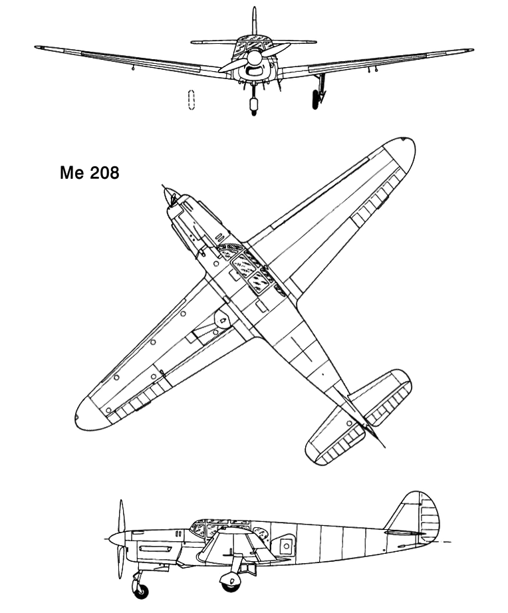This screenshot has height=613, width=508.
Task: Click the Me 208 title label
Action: [x=90, y=172]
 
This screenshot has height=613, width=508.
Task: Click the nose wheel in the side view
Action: [x=141, y=592]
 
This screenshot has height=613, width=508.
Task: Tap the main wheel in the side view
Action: [x=230, y=582]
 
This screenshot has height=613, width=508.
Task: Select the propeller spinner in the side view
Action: [x=117, y=539]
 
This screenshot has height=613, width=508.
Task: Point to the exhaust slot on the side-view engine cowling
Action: [x=155, y=549]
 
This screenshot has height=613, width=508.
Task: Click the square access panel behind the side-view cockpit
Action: [x=287, y=546]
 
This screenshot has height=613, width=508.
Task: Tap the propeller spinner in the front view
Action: [x=254, y=58]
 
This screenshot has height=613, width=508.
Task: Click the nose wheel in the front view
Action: [x=254, y=106]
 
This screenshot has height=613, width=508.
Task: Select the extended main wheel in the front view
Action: [x=316, y=99]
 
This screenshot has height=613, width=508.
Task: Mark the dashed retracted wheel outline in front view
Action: [x=191, y=100]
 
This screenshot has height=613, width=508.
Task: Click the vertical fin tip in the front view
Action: [x=254, y=9]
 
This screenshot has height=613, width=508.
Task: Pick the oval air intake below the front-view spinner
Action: [x=254, y=71]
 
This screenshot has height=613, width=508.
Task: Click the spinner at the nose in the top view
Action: [x=170, y=196]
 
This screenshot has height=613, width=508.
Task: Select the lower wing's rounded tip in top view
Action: [x=89, y=414]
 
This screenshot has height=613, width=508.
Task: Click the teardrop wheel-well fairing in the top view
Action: [x=223, y=320]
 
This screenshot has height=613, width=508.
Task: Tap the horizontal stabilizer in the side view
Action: [x=403, y=533]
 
